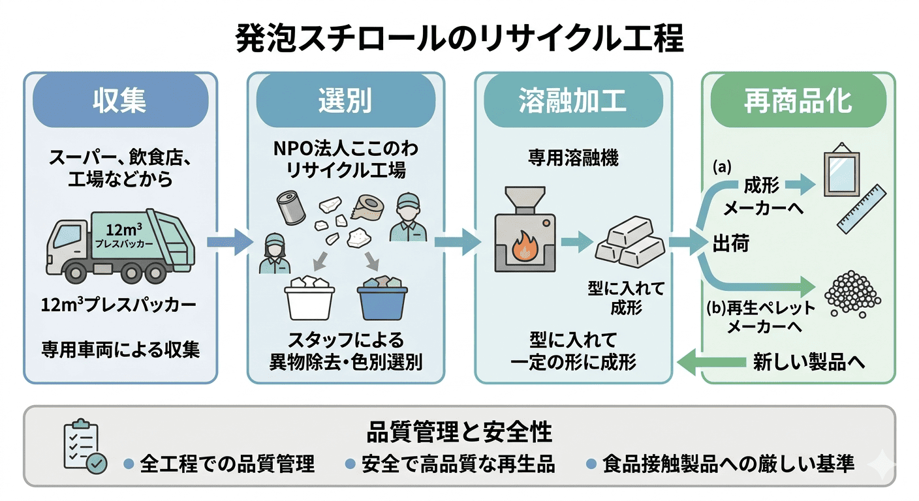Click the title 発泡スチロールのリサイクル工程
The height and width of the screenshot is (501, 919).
(459, 38)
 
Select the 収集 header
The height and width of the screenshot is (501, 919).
(120, 100)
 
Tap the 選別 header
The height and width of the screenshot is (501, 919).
(345, 100)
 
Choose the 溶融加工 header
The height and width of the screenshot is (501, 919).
(572, 100)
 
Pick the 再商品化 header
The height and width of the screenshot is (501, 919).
(798, 100)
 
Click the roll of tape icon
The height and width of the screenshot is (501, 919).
(369, 207)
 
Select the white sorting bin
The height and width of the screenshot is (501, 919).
(309, 299)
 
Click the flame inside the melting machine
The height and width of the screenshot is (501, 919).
(524, 249)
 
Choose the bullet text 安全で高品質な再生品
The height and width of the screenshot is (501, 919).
(458, 464)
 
